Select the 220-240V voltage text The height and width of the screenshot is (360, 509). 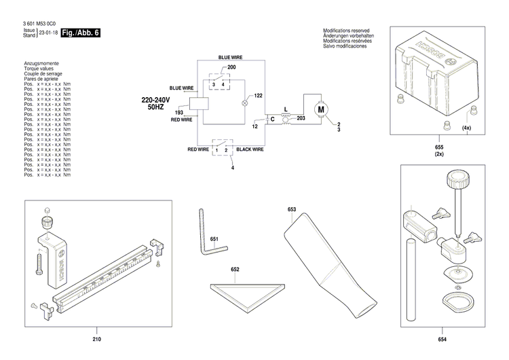(x=155, y=100)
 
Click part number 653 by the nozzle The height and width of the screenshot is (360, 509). (x=291, y=210)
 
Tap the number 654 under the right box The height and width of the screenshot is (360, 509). (x=442, y=340)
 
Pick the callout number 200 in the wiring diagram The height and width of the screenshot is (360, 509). (x=231, y=69)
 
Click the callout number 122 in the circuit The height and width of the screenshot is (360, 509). (x=259, y=96)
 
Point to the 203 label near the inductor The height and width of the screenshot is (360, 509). (x=301, y=118)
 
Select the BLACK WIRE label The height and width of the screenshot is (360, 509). (x=250, y=149)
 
